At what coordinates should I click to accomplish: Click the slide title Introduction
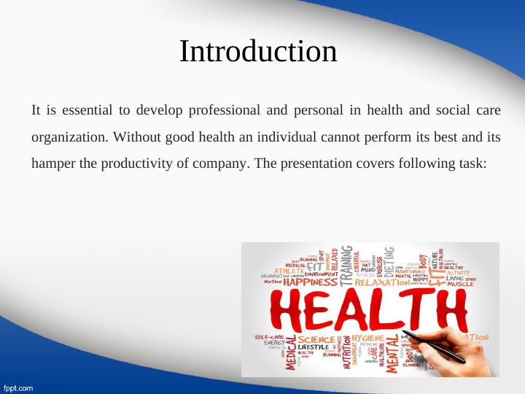point(258,52)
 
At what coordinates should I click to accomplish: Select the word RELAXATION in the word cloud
point(384,282)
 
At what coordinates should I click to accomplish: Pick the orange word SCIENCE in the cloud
point(316,339)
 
